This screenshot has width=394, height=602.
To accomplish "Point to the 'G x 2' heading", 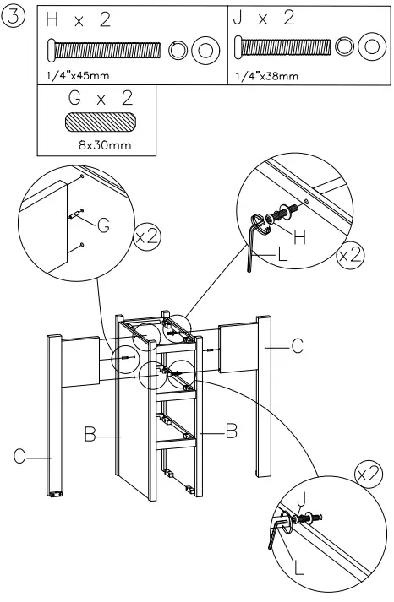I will click(99, 99).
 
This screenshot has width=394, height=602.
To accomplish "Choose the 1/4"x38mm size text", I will click(265, 77).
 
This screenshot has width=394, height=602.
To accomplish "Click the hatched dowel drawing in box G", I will click(100, 122).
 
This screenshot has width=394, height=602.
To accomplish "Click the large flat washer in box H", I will click(204, 51).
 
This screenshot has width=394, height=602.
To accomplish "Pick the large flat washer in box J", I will click(369, 47).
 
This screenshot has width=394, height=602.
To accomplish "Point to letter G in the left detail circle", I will click(102, 225).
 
